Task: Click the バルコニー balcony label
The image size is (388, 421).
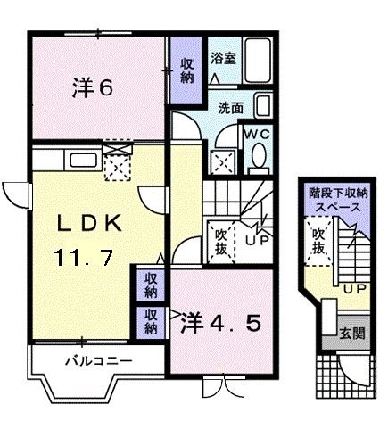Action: (97, 362)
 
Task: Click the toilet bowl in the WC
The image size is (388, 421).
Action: (259, 157)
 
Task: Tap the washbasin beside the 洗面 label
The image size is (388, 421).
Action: (262, 107)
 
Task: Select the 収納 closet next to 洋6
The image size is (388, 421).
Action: (186, 70)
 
